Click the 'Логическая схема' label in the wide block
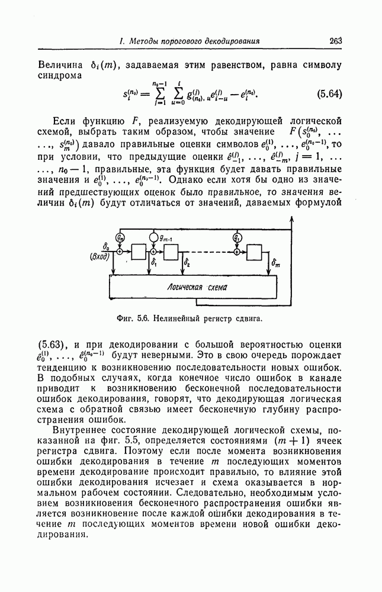(x=193, y=288)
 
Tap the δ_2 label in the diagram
(x=187, y=261)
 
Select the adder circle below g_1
(x=237, y=252)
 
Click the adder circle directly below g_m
(x=121, y=252)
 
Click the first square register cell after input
(x=140, y=252)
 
